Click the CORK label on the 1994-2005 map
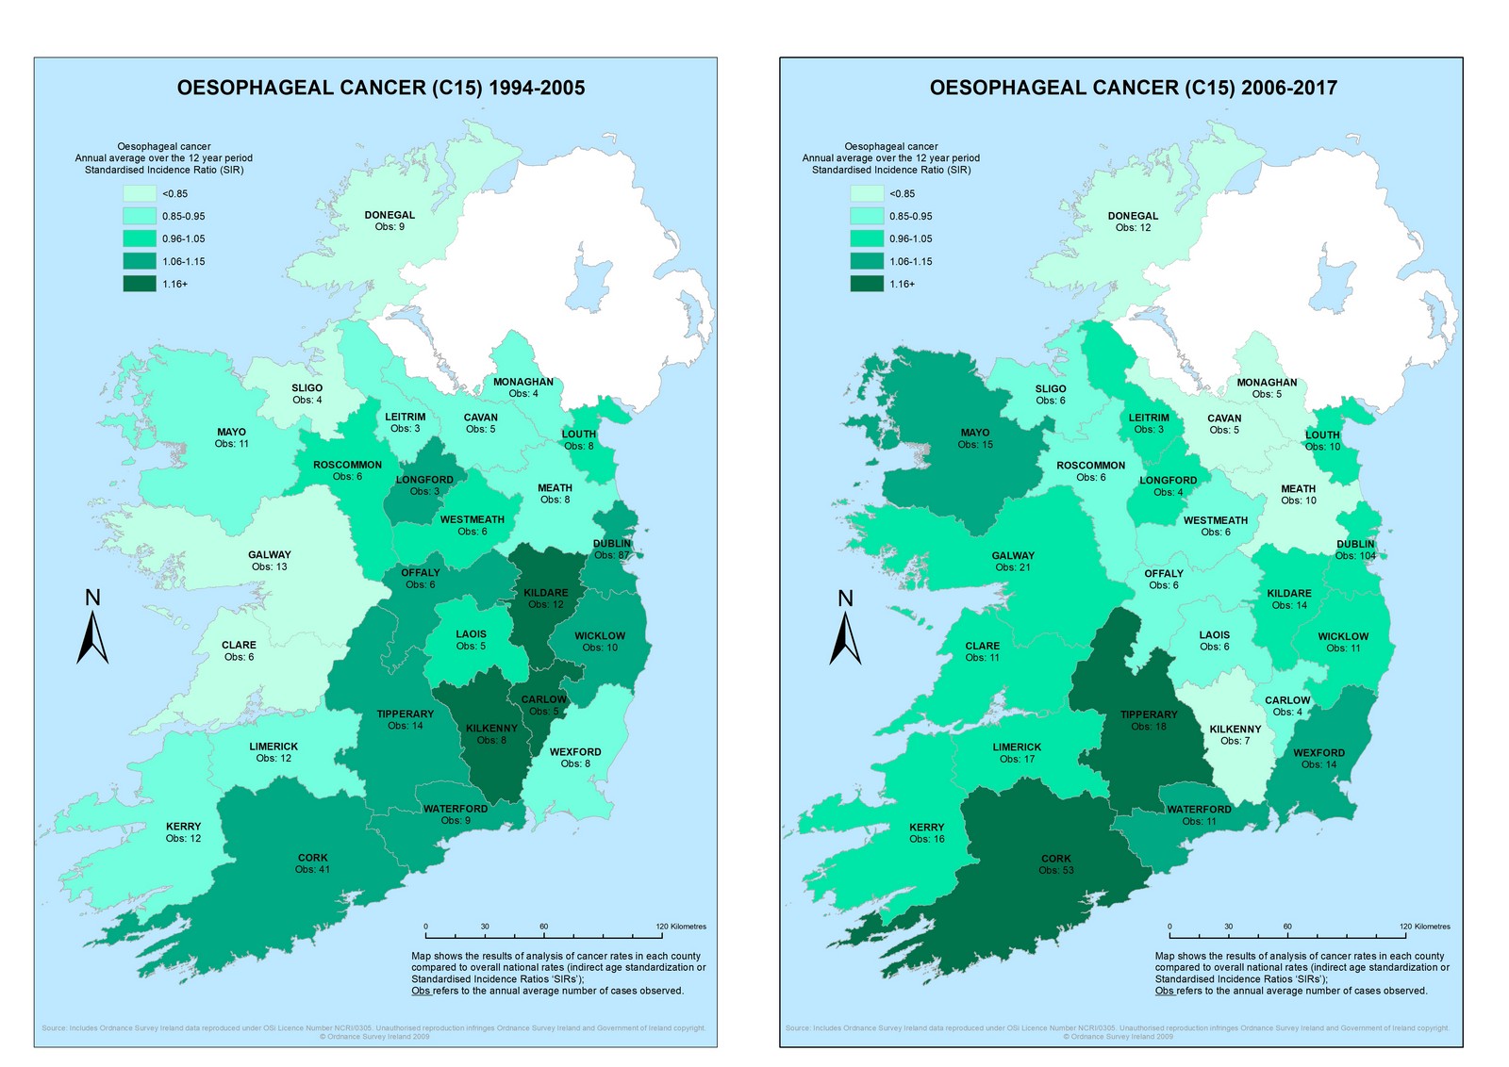(312, 858)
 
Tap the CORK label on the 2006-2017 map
(1056, 859)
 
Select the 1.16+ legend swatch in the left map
(139, 284)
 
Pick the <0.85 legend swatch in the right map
(867, 193)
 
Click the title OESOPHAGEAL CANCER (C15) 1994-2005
(381, 88)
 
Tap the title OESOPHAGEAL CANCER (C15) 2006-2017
(1133, 88)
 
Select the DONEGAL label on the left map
(390, 215)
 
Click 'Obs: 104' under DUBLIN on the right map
(1355, 556)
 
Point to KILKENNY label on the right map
(1235, 729)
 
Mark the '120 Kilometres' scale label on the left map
(681, 927)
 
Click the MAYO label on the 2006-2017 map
(975, 433)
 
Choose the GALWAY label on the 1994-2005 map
(270, 554)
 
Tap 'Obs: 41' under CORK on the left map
(312, 869)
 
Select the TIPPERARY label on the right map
(1149, 714)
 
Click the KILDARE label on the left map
(546, 593)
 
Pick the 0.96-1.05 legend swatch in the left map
(139, 238)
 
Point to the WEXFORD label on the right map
(1318, 752)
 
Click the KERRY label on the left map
(183, 826)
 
